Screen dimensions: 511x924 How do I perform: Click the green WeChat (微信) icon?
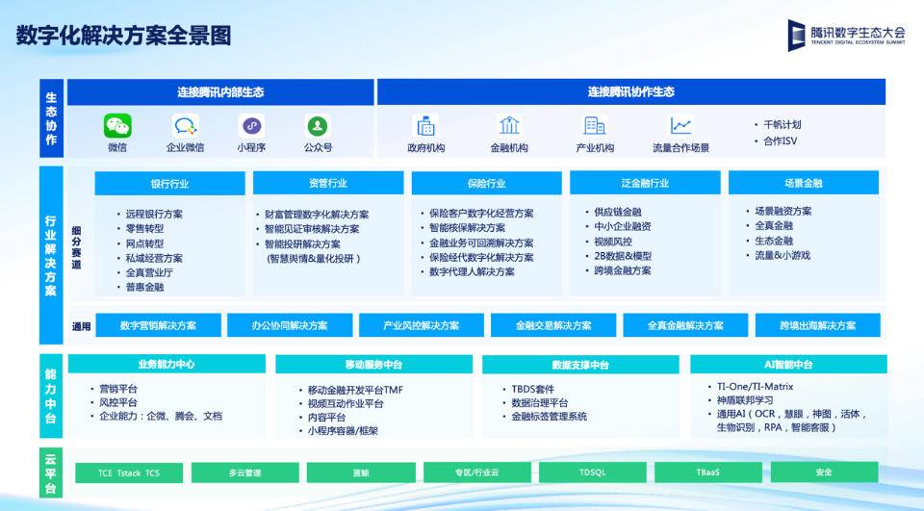[x=117, y=126]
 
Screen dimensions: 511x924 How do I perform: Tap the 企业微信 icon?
[x=185, y=126]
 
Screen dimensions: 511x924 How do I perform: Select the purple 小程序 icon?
[x=251, y=126]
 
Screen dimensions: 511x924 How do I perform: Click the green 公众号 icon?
[x=318, y=126]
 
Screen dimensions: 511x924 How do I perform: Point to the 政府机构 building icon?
[x=425, y=125]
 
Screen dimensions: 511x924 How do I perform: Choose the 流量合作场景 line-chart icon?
[x=680, y=126]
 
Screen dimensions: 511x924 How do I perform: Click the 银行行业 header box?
[x=169, y=183]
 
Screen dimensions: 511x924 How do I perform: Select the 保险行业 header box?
[x=486, y=183]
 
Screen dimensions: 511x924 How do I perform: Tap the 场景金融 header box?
[x=803, y=183]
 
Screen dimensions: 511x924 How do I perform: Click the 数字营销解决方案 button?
[x=158, y=325]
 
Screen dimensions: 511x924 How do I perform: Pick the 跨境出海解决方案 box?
[x=817, y=325]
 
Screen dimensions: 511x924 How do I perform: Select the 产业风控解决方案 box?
[x=421, y=325]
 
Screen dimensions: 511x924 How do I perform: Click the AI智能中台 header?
[x=787, y=365]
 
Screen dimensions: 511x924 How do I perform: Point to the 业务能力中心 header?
[x=167, y=365]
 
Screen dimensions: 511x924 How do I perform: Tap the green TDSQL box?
[x=592, y=473]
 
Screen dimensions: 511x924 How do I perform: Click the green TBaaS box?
[x=707, y=473]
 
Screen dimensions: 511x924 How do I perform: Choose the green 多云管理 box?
[x=244, y=473]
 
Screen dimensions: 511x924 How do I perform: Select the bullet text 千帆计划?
[x=782, y=124]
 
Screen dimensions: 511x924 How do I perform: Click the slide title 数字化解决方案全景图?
[x=124, y=37]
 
